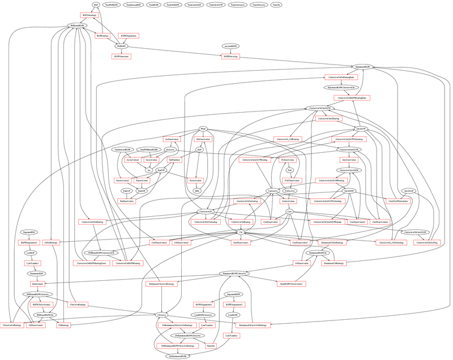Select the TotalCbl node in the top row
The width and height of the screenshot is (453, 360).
[x=276, y=5]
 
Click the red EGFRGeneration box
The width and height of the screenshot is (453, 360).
[x=121, y=57]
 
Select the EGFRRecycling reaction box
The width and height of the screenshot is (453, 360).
[x=230, y=57]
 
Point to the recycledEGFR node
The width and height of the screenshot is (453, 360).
[x=230, y=46]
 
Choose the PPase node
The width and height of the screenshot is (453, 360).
[x=203, y=128]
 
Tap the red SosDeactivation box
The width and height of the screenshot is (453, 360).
[x=172, y=139]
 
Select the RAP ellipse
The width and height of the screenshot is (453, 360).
[x=200, y=149]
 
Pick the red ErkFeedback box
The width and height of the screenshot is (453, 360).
[x=175, y=160]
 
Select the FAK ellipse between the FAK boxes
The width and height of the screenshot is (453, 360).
[x=289, y=170]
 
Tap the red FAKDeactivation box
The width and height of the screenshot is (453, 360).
[x=291, y=181]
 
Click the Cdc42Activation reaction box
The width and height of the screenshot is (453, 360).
[x=340, y=160]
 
